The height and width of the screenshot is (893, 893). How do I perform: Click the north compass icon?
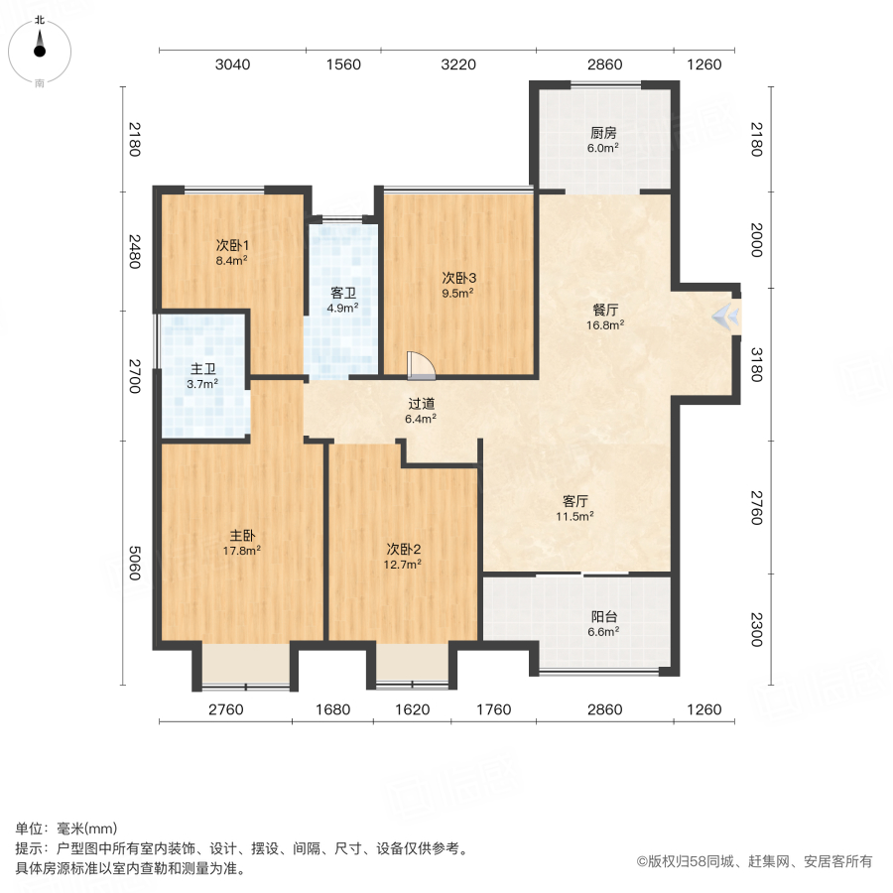pos(40,45)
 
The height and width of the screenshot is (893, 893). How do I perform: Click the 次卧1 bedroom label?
pos(232,245)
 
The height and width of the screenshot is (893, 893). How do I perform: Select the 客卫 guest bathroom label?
pos(342,293)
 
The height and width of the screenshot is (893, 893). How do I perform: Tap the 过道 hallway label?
pos(421,404)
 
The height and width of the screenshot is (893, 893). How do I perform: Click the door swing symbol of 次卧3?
pos(421,366)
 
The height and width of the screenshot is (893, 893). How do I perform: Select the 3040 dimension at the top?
pos(233,65)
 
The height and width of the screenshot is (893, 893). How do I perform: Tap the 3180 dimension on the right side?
pos(756,364)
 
